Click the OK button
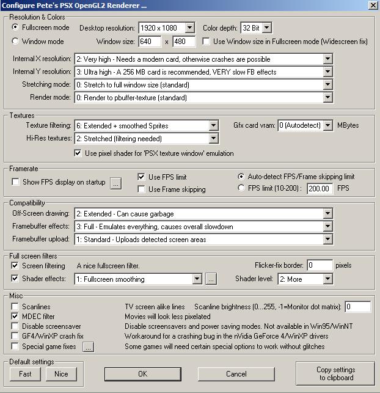tap(142, 373)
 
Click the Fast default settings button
tap(25, 373)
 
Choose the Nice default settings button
tap(61, 373)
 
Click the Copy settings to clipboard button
tap(335, 373)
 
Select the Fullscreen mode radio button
tap(16, 28)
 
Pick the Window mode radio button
tap(16, 42)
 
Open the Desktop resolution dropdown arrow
tap(189, 28)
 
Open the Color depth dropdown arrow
tap(266, 28)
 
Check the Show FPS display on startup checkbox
tap(16, 182)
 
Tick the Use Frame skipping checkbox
tap(142, 189)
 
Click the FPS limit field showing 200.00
tap(320, 188)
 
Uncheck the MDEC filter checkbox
tap(16, 317)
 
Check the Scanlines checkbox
tap(16, 307)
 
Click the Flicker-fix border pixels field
tap(320, 265)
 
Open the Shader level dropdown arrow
tap(328, 279)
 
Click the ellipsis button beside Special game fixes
tap(88, 347)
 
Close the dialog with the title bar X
tap(373, 6)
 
